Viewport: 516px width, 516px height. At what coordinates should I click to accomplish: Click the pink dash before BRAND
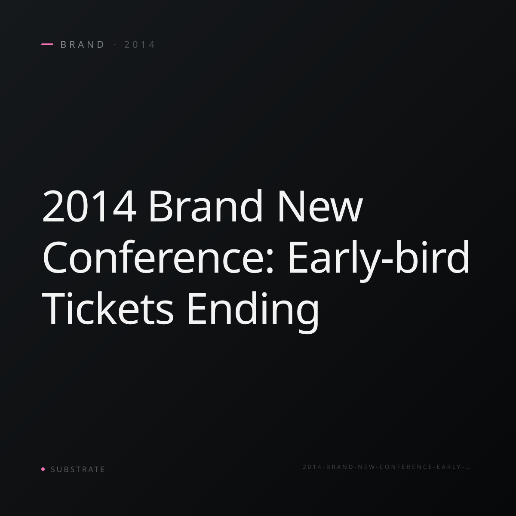(x=47, y=44)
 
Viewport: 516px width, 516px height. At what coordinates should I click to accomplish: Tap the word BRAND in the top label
(x=82, y=44)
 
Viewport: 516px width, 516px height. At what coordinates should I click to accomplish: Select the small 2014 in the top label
(x=139, y=44)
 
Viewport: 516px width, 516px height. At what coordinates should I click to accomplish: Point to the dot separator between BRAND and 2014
(x=115, y=44)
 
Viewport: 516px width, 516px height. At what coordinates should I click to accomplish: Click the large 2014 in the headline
(x=89, y=206)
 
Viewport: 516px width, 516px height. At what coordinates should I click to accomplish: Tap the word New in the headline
(x=320, y=206)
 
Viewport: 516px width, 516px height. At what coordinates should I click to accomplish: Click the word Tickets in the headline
(x=107, y=308)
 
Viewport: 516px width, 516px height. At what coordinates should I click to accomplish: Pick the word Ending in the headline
(x=253, y=311)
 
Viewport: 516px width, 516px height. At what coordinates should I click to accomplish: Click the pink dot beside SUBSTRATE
(x=43, y=469)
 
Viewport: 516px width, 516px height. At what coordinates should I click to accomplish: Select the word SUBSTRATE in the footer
(x=78, y=470)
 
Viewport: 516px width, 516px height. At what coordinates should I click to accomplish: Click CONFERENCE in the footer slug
(x=406, y=467)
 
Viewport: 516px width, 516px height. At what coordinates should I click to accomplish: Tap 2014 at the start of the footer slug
(x=313, y=467)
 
